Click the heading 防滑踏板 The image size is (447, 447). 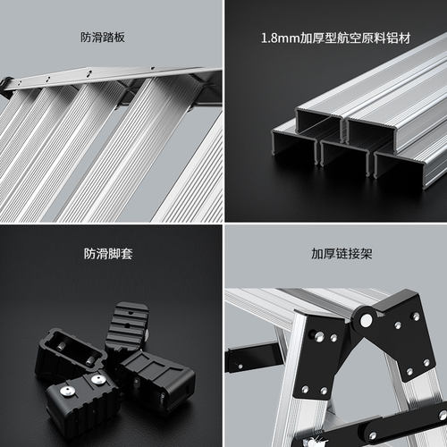103,38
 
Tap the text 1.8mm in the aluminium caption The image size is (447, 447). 280,38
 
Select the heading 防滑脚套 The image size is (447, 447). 108,254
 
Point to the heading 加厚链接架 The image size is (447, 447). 342,254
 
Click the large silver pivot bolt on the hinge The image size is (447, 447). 367,320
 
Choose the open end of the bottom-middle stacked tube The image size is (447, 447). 346,158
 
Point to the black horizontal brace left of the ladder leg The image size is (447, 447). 253,357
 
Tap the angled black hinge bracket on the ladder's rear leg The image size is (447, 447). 400,333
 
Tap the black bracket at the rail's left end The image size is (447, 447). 6,87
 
